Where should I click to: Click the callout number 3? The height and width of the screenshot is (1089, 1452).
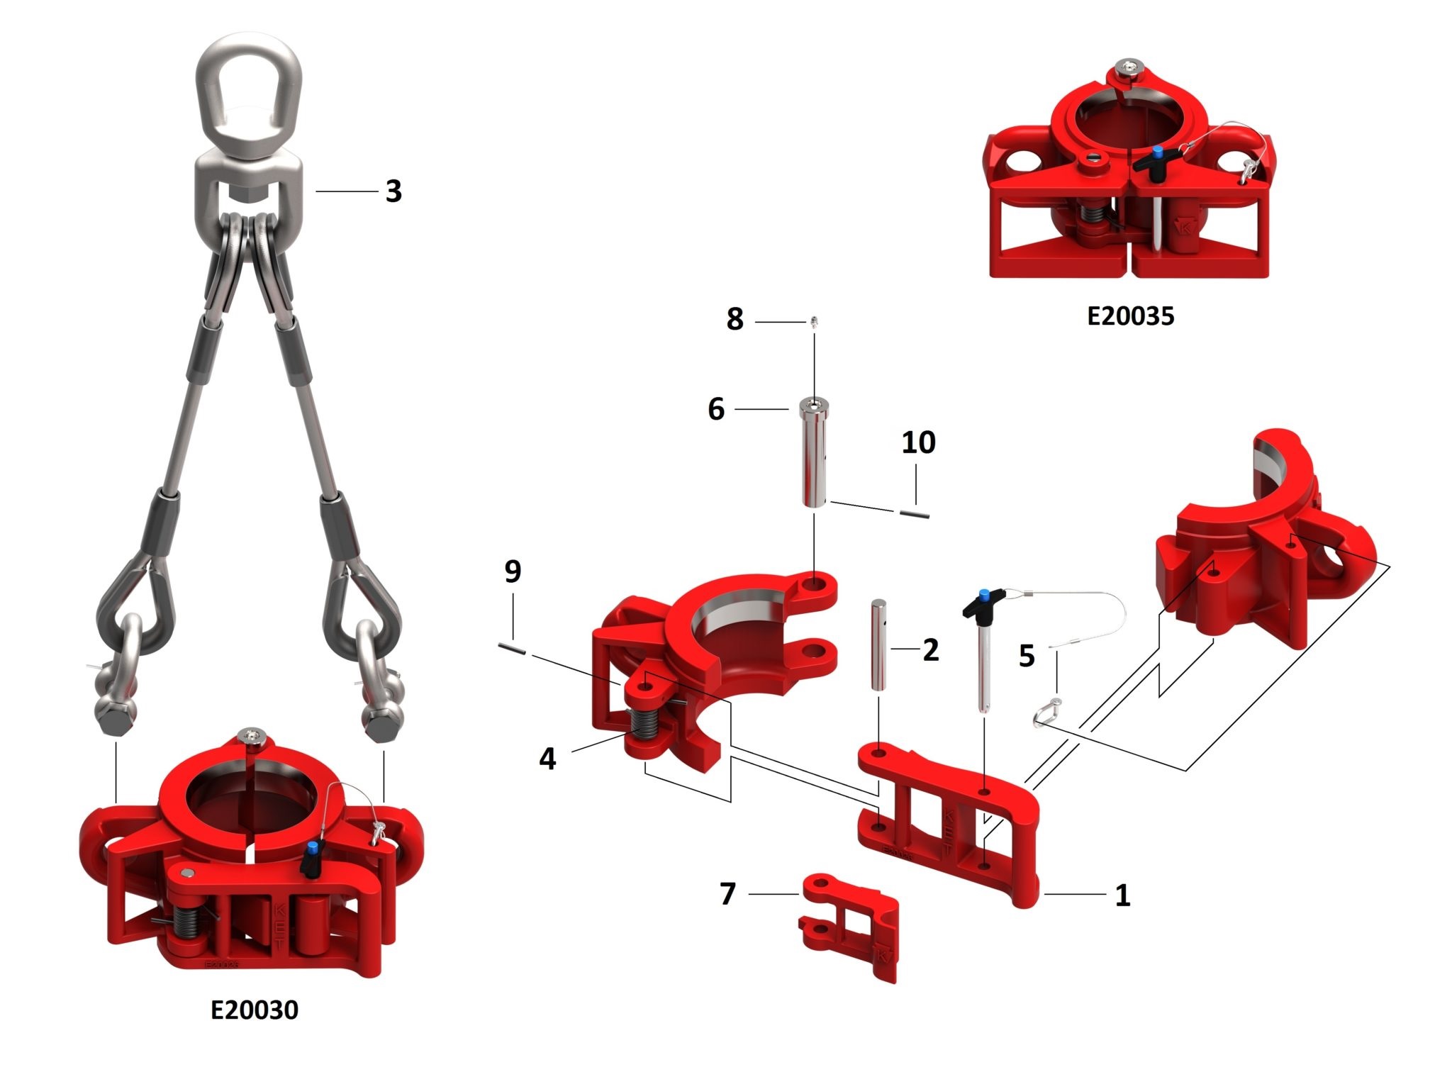393,191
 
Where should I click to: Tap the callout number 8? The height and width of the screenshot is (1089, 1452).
735,319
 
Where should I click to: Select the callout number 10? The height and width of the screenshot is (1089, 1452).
918,442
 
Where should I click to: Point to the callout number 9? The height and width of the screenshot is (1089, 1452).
513,571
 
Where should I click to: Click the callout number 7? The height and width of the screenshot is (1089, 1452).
727,894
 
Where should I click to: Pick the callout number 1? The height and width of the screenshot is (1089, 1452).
1122,895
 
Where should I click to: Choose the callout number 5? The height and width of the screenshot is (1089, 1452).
1027,656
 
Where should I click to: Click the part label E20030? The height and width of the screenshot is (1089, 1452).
255,1009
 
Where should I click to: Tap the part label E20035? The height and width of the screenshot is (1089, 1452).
1130,315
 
